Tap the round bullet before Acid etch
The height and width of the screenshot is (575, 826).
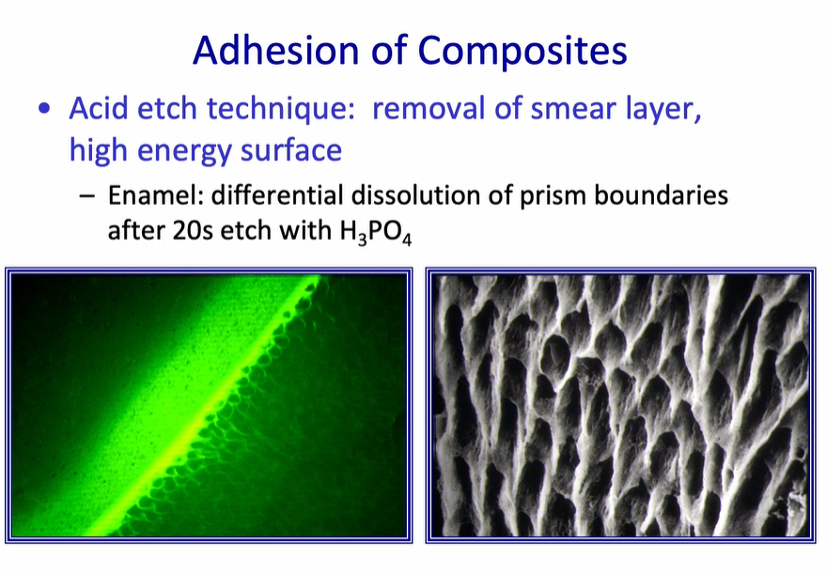(x=45, y=109)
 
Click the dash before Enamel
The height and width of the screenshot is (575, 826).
(x=87, y=197)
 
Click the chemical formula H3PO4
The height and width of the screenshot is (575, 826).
(x=372, y=232)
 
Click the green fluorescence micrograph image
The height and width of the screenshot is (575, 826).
(x=209, y=405)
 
